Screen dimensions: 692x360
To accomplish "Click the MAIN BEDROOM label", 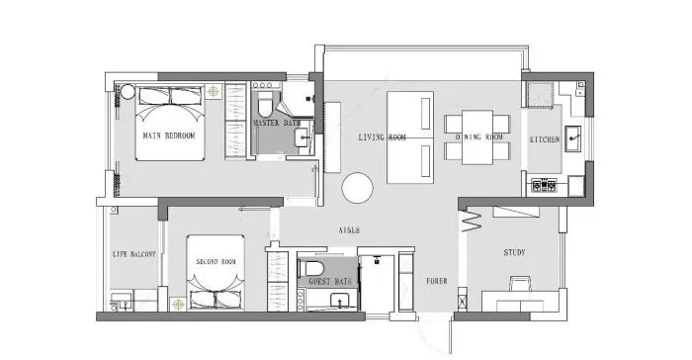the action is tap(169, 135).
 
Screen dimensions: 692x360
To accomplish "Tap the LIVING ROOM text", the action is tap(382, 137).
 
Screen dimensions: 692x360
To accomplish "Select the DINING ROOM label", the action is tap(478, 136).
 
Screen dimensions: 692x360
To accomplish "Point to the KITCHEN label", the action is tap(545, 139).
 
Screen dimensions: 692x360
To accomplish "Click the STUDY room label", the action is tap(515, 252).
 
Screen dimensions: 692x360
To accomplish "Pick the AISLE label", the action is tap(349, 230).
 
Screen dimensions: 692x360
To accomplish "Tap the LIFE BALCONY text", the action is tap(134, 254).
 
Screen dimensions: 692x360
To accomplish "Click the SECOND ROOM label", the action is tap(216, 262).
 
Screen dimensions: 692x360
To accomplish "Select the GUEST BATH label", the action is tap(330, 282).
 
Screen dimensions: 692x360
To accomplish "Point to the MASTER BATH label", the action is tap(277, 123).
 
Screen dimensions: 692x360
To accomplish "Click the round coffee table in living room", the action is tap(357, 188).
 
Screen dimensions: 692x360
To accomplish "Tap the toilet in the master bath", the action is tap(266, 104).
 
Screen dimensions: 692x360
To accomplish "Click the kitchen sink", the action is tap(572, 138).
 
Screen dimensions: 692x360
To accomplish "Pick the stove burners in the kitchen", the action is tap(544, 185).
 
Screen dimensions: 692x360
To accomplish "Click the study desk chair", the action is tap(521, 283).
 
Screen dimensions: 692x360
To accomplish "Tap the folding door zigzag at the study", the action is tap(472, 221).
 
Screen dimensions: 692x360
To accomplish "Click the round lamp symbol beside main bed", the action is tap(214, 92).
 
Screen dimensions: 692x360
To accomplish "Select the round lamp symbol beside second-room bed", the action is tap(178, 305).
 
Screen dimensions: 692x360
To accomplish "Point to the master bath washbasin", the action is tap(303, 137).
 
